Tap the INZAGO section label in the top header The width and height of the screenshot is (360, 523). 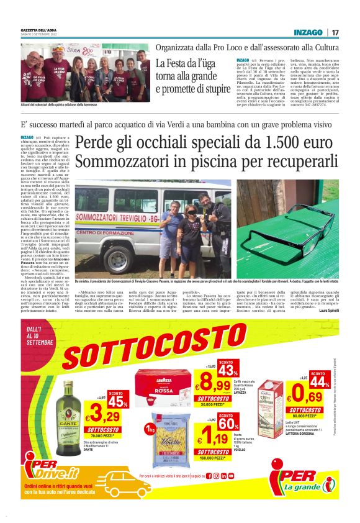[x=308, y=32]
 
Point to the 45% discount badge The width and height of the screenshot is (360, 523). [x=117, y=401]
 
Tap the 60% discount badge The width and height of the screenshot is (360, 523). [x=226, y=423]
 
